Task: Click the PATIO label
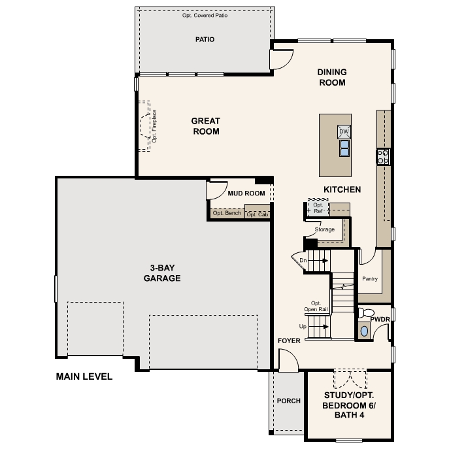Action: [x=205, y=40]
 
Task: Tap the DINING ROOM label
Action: [x=332, y=77]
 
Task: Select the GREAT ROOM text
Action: [x=205, y=126]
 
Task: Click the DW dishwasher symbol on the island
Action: [x=344, y=132]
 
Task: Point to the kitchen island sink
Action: [x=344, y=149]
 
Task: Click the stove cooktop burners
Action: [x=383, y=156]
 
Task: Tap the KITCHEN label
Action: [x=342, y=190]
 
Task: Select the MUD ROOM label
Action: [x=246, y=193]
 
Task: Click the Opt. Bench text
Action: [x=227, y=213]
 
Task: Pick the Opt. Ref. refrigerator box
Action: [x=318, y=208]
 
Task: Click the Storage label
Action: [x=325, y=229]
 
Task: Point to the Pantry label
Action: [x=370, y=279]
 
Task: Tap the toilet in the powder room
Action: [x=365, y=312]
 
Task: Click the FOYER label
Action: [x=288, y=341]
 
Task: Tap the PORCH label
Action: [x=288, y=401]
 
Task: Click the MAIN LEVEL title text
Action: [x=84, y=376]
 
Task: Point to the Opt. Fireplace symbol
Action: [x=144, y=126]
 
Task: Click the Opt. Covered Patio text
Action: [x=205, y=15]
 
